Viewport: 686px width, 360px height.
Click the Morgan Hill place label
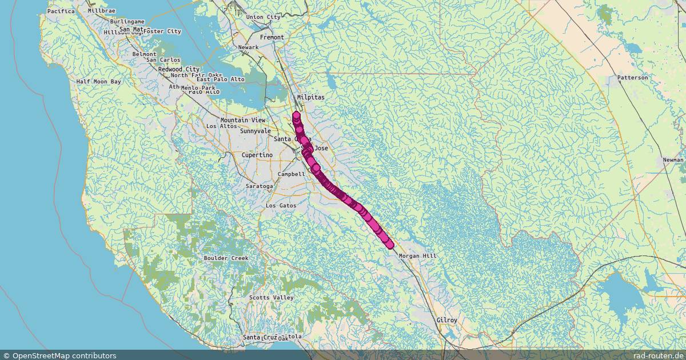tap(417, 256)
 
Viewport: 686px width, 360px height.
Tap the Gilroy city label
tap(446, 321)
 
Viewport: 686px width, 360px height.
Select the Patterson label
tap(632, 77)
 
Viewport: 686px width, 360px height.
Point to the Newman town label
tap(673, 161)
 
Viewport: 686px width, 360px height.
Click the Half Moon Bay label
tap(99, 82)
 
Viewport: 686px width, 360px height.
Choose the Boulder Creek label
tap(226, 258)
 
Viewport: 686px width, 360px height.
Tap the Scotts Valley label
tap(271, 298)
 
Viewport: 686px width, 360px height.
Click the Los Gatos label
tap(281, 205)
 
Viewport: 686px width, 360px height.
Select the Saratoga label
tap(259, 186)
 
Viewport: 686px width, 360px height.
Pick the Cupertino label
tap(257, 155)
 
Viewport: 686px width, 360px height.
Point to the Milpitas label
tap(310, 98)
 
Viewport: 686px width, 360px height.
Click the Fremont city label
tap(272, 37)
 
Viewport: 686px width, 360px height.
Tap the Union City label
tap(263, 17)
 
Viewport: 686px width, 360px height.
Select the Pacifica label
tap(61, 11)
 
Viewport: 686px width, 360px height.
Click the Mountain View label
tap(242, 120)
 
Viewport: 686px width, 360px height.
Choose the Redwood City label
tap(178, 69)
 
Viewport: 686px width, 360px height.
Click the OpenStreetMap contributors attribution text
tap(59, 355)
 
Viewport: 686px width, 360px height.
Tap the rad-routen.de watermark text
tap(659, 355)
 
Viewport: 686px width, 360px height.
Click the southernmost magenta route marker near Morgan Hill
tap(390, 245)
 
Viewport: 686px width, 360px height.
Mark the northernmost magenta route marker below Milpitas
tap(296, 115)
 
